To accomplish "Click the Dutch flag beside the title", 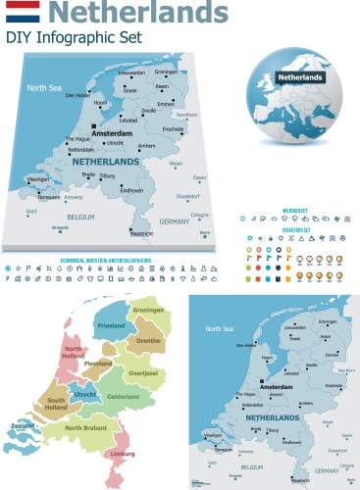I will point(22,14).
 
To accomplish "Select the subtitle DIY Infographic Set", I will point(74,37).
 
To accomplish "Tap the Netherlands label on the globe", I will point(300,77).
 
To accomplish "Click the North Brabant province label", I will point(88,428).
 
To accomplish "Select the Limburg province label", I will point(123,455).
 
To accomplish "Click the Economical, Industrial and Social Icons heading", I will point(106,262).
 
